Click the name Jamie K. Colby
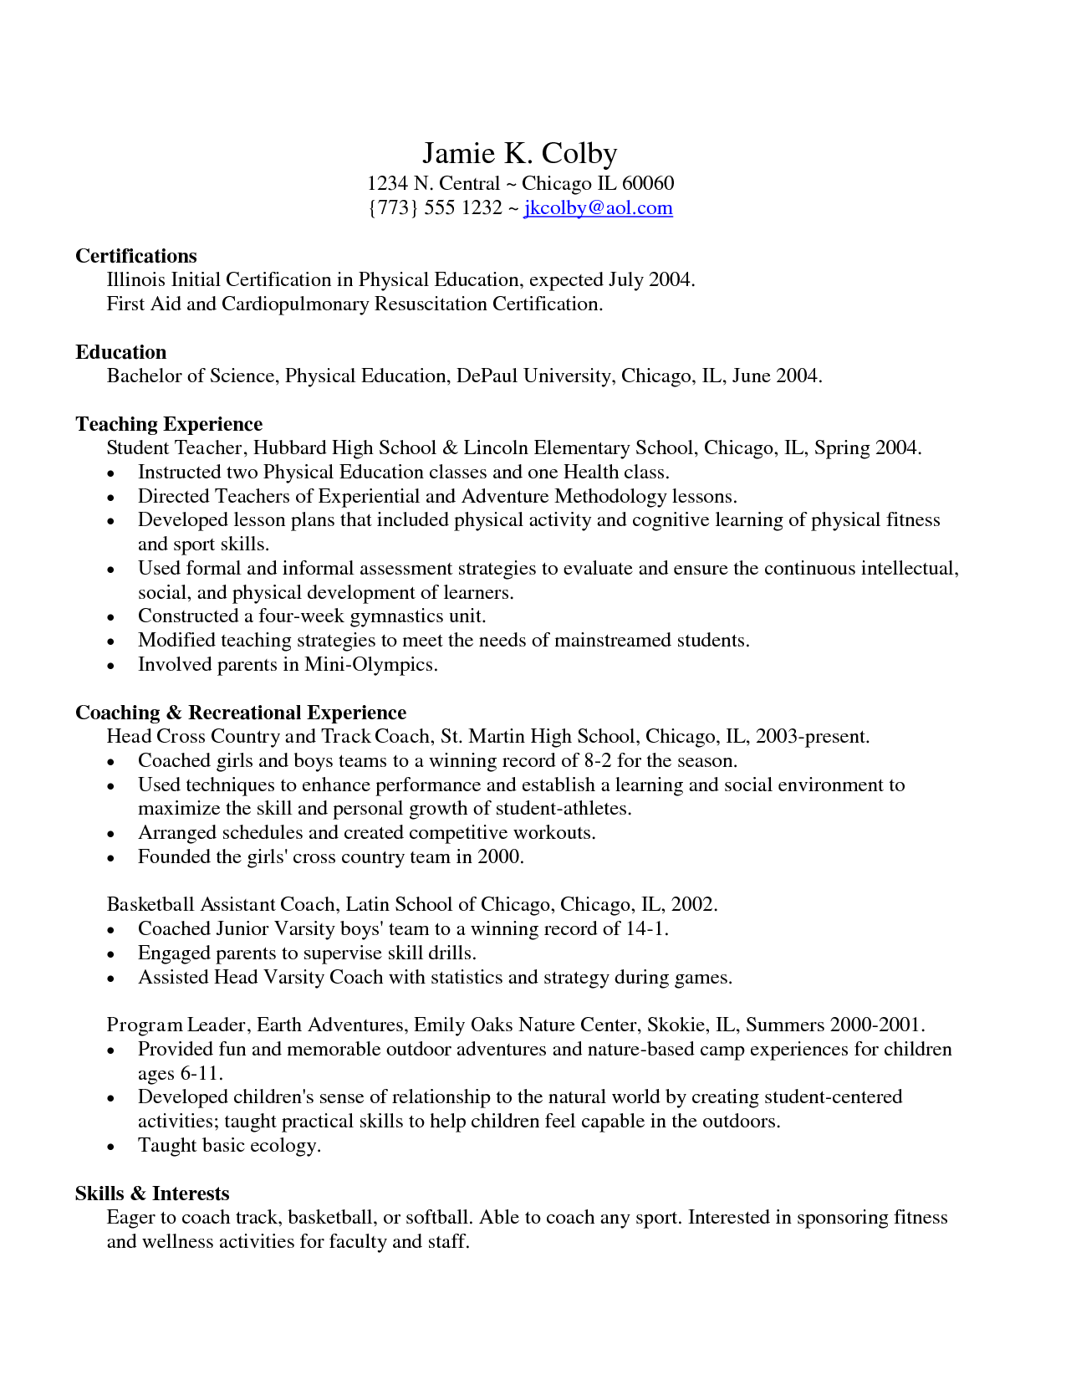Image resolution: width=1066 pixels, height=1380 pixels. [519, 153]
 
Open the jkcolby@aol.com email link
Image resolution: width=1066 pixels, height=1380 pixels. [598, 207]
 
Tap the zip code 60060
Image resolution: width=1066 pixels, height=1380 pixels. [648, 183]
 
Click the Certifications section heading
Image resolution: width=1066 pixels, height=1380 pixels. [136, 256]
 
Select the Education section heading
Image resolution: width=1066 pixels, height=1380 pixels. [120, 352]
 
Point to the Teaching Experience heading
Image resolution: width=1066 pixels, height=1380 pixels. [169, 424]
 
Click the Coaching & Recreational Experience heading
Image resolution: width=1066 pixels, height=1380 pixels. [241, 713]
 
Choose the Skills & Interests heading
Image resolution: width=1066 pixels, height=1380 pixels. [152, 1193]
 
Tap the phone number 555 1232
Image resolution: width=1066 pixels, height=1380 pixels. [462, 207]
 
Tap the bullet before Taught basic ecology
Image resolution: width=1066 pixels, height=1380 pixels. [111, 1147]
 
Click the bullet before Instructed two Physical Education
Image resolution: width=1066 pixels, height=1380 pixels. [111, 473]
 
